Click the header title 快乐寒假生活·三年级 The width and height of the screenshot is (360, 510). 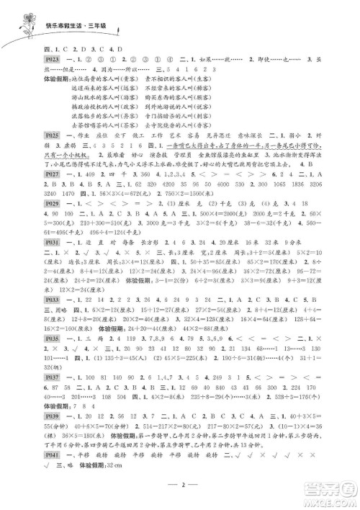coord(76,26)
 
